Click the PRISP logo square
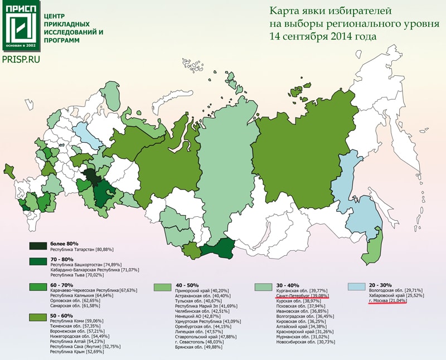pyautogui.click(x=21, y=27)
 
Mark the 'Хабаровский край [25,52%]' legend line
pyautogui.click(x=394, y=296)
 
